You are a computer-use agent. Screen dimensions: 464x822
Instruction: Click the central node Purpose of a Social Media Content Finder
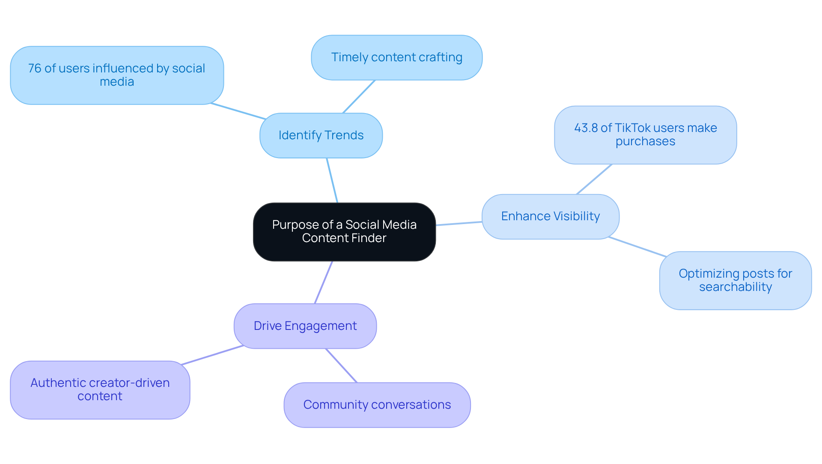(344, 232)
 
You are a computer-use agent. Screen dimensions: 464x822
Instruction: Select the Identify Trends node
(321, 135)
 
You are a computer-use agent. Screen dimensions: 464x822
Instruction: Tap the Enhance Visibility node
(550, 216)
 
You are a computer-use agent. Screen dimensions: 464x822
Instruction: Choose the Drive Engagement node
(305, 326)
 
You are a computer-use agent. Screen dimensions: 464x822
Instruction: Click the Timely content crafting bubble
(396, 57)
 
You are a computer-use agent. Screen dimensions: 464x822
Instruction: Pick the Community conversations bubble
(377, 405)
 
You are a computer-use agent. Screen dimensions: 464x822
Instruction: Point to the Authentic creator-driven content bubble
(100, 389)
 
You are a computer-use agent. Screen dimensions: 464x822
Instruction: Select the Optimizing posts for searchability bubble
(735, 280)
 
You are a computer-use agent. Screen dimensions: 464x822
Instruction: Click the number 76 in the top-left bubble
(34, 69)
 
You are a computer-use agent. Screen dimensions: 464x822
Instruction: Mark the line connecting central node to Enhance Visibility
(459, 223)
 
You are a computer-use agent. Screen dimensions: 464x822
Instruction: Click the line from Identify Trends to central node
(332, 180)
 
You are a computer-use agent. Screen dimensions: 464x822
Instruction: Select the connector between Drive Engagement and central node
(324, 282)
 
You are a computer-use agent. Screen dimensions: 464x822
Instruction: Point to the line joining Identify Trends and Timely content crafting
(359, 96)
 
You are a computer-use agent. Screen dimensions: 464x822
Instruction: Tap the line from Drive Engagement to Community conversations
(341, 365)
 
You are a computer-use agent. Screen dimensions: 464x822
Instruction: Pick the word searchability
(735, 287)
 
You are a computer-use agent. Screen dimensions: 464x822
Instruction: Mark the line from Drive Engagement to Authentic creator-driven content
(212, 355)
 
